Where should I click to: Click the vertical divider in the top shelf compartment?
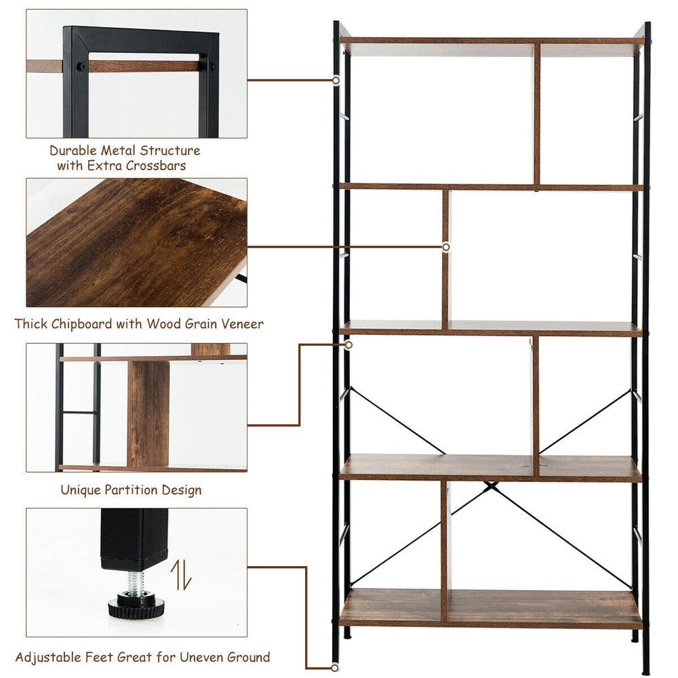point(536,114)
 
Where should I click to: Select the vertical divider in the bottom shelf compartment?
point(444,551)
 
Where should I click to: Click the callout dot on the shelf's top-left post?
point(336,80)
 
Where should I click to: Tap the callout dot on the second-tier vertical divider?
point(445,247)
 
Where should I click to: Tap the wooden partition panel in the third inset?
point(148,414)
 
